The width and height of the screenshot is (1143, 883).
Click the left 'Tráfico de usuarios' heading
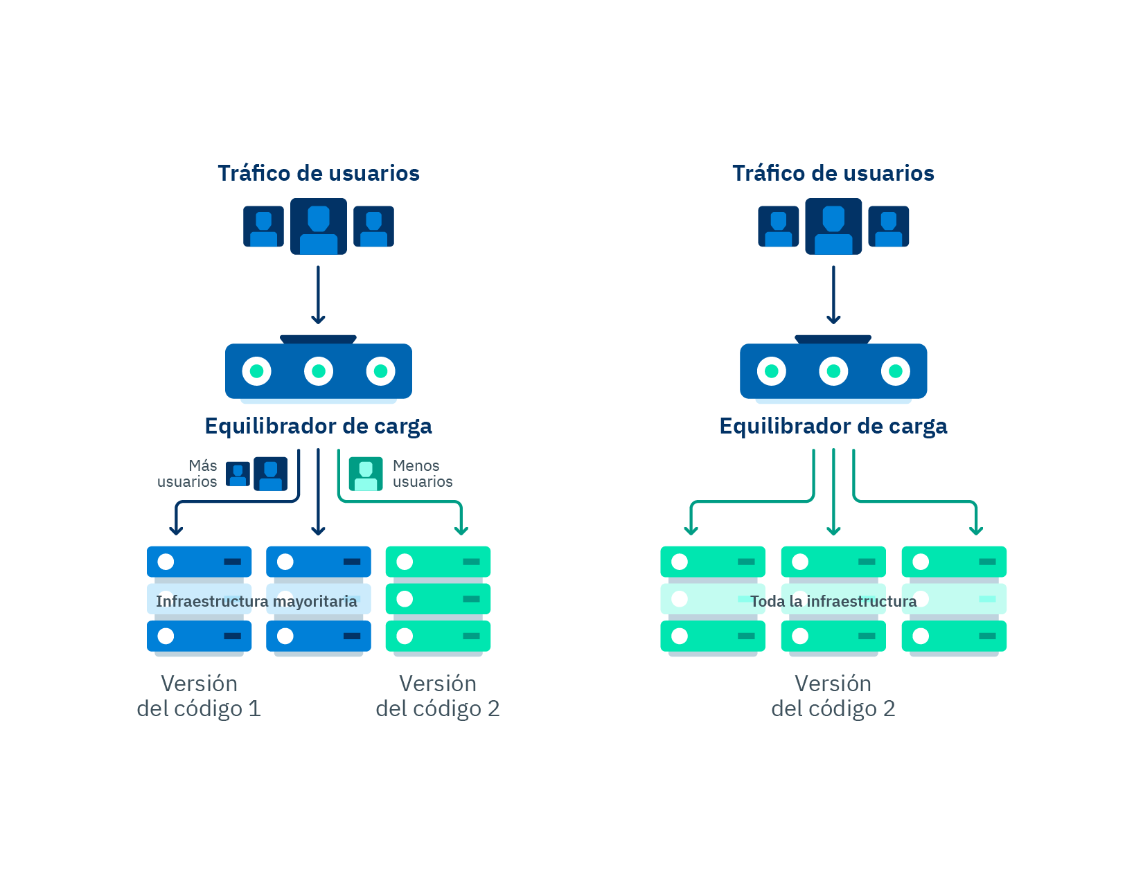tap(319, 173)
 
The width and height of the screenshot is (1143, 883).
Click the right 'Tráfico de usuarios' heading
tap(833, 173)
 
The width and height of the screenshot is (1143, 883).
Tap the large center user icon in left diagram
tap(319, 226)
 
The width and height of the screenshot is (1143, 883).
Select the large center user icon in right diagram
tap(833, 226)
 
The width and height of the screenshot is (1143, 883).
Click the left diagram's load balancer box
tap(319, 371)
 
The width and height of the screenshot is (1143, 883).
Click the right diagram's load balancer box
tap(833, 371)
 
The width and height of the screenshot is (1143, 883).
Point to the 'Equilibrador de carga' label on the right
tap(833, 426)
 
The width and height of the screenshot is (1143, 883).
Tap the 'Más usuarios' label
tap(188, 474)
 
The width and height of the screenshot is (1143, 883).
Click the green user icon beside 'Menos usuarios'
tap(366, 474)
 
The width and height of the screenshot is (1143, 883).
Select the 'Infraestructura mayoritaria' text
tap(256, 601)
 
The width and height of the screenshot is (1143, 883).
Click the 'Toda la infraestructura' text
tap(833, 601)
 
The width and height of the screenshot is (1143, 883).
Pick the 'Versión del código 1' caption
tap(199, 696)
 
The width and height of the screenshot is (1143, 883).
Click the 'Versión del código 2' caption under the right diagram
tap(833, 696)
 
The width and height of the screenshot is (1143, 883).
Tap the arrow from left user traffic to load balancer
tap(319, 294)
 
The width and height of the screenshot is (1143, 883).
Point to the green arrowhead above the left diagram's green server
tap(461, 530)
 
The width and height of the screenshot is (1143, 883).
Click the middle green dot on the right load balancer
tap(833, 371)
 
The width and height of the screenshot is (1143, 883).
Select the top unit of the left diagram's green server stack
tap(438, 562)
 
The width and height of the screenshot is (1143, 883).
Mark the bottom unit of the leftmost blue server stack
tap(199, 636)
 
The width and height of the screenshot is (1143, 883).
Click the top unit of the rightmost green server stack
tap(954, 562)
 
